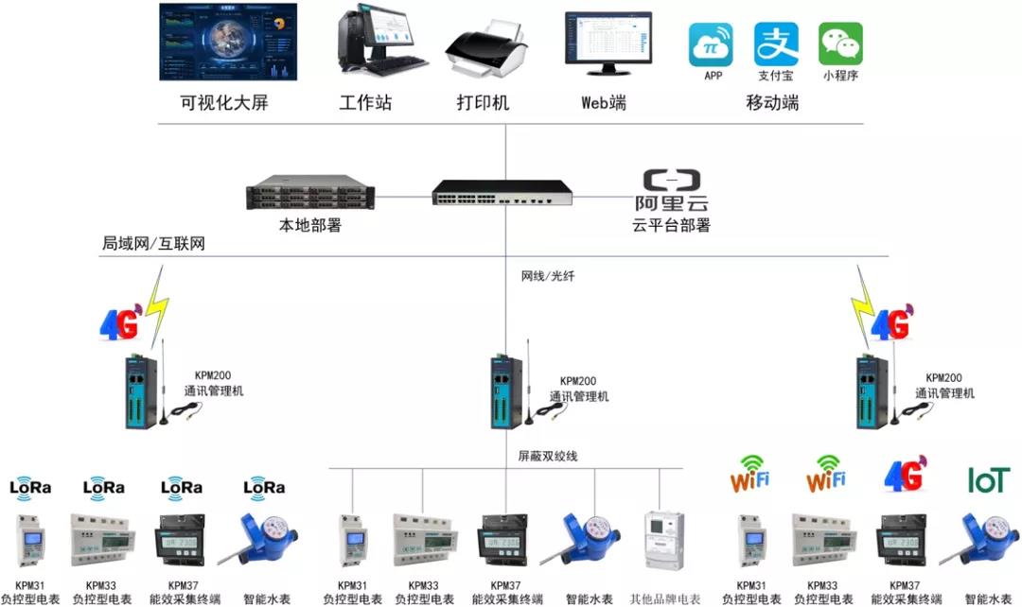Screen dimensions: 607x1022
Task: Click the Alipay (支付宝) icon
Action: pos(776,44)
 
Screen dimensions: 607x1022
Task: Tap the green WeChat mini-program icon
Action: pos(840,44)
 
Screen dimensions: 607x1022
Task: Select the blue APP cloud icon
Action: pos(712,44)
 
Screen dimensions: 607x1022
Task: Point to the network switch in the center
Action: pos(502,192)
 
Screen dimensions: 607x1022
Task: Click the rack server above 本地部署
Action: pos(309,195)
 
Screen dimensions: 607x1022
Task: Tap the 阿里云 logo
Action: pos(671,190)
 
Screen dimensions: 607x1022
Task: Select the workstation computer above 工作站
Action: pos(376,43)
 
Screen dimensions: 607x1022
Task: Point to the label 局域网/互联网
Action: pos(153,244)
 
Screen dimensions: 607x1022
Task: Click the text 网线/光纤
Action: pos(548,276)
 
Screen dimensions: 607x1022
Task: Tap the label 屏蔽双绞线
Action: pos(548,456)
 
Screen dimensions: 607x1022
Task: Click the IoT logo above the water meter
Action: pos(988,480)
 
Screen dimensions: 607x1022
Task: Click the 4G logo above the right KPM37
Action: pos(904,475)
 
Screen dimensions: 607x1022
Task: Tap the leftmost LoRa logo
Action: pos(30,488)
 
